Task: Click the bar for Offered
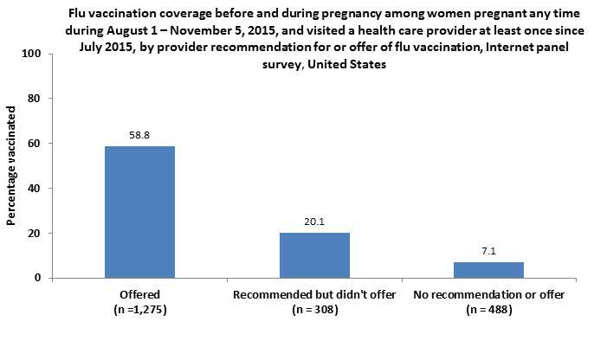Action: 139,212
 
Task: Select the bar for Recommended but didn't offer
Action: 314,255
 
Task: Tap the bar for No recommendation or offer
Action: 489,270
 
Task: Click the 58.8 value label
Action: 139,136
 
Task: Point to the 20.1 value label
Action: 314,222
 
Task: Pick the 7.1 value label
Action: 489,252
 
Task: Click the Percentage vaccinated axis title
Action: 12,166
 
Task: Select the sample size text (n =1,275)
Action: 139,309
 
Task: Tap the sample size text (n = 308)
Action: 314,309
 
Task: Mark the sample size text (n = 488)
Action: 489,309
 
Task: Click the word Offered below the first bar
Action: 139,295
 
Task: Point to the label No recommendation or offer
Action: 489,295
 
